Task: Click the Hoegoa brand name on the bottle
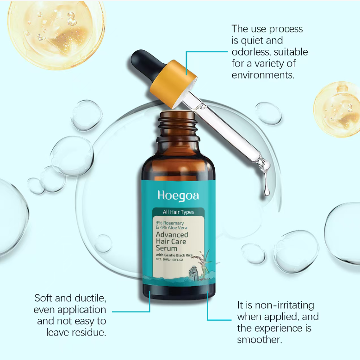point(178,196)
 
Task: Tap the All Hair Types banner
point(179,212)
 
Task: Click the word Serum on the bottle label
point(167,248)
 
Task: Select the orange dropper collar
point(173,84)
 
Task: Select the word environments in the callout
point(263,75)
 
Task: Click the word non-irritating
point(285,305)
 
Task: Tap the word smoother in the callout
point(259,340)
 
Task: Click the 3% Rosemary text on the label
point(170,223)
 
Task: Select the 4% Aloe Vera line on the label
point(172,228)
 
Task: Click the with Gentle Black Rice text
point(174,255)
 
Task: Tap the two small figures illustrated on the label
point(194,273)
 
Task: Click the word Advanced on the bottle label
point(172,235)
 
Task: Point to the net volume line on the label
point(169,260)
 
